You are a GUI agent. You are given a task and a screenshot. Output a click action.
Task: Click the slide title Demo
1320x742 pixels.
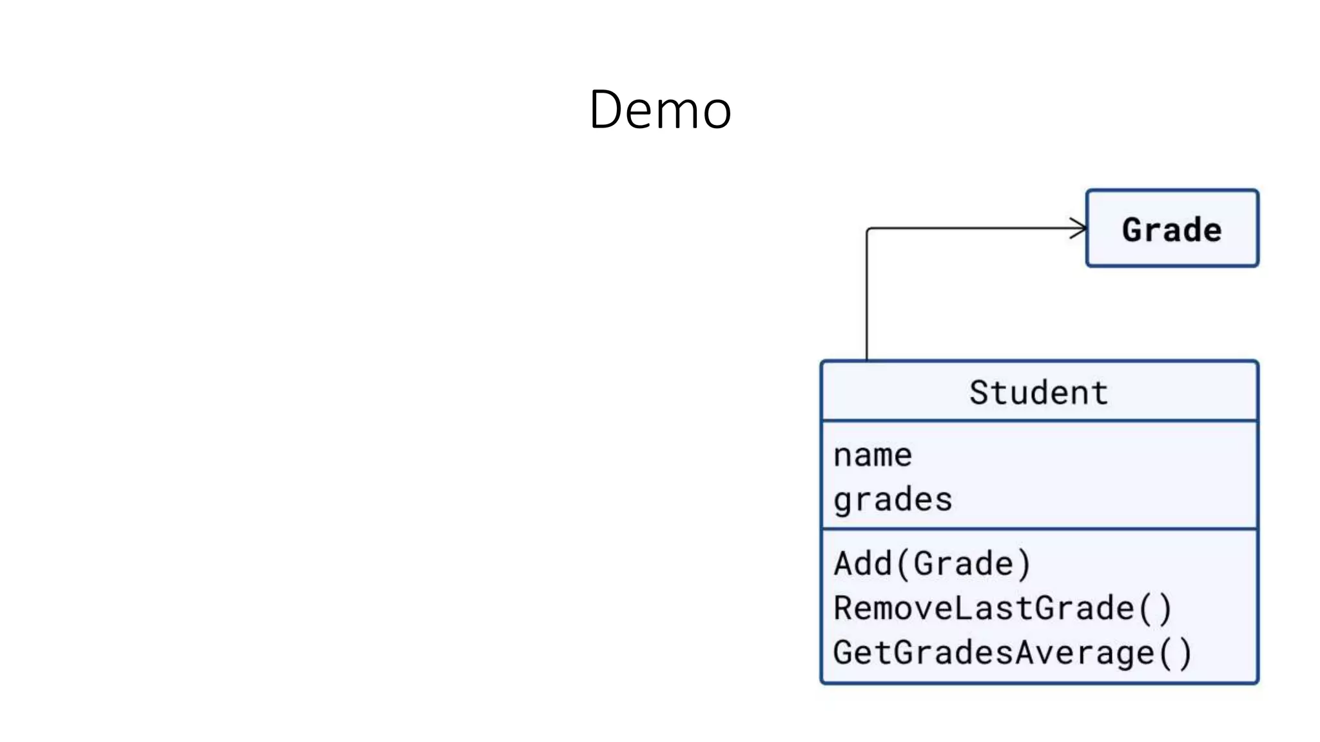click(x=660, y=109)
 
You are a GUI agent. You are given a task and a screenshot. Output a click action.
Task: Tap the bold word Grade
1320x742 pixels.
click(x=1172, y=230)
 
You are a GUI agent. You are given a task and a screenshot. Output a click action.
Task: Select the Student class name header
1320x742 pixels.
click(x=1038, y=392)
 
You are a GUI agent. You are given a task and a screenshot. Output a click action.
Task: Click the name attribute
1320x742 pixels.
click(x=873, y=456)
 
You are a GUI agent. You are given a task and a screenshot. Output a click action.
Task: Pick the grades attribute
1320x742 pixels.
click(x=893, y=500)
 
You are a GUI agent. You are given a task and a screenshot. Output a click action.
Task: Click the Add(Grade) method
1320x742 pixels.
click(x=932, y=564)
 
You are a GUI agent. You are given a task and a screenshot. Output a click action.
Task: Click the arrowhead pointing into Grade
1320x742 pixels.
click(x=1080, y=228)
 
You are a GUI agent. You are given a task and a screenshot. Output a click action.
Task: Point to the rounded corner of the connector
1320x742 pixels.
click(x=869, y=230)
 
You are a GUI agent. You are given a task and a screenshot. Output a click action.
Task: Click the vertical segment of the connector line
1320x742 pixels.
click(x=867, y=296)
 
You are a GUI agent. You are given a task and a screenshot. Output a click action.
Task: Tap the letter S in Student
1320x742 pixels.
click(x=980, y=392)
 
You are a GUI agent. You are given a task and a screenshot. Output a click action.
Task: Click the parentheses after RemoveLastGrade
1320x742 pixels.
click(x=1154, y=609)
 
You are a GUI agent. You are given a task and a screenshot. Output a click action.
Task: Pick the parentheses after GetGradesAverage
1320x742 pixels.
click(x=1175, y=653)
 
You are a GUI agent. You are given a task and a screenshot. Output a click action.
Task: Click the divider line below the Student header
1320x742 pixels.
click(x=1038, y=421)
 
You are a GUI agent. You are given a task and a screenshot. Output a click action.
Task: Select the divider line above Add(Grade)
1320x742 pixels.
click(x=1038, y=529)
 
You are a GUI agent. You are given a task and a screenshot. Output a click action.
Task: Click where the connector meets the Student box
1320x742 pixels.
click(x=867, y=361)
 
